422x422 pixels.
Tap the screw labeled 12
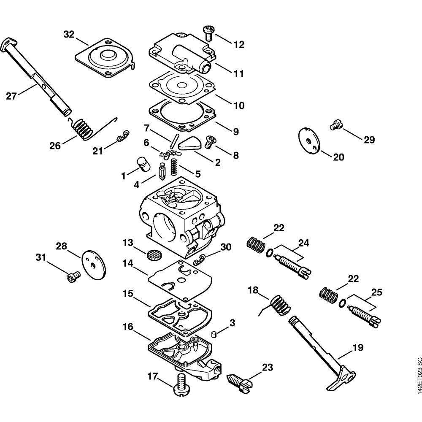pos(208,32)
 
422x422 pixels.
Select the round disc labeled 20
pos(308,139)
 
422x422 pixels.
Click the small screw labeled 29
pos(335,124)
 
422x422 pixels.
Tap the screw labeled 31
pos(73,277)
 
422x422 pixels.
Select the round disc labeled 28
pos(94,265)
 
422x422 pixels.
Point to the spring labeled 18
pos(279,304)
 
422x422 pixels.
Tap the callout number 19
pos(358,348)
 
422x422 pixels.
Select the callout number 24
pos(303,243)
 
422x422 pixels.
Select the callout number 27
pos(11,96)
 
